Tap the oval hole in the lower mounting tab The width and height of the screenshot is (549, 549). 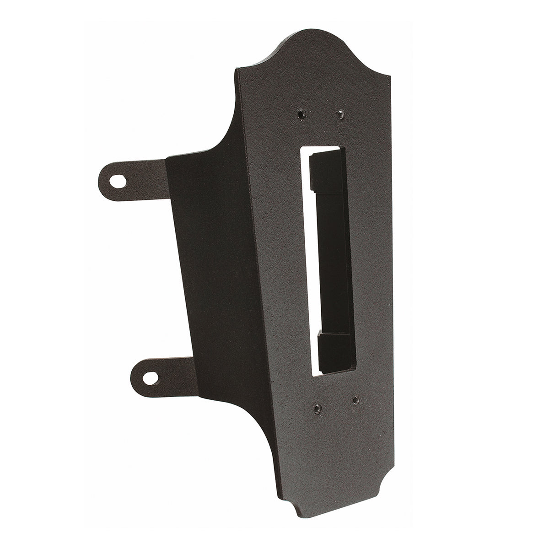pyautogui.click(x=150, y=377)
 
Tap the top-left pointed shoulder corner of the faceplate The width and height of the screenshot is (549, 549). pyautogui.click(x=237, y=70)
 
